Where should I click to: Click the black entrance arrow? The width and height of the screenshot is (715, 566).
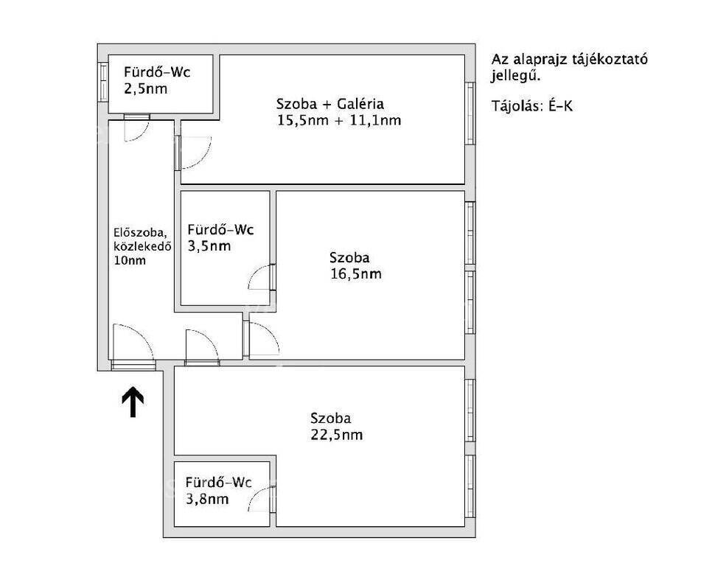coord(133,402)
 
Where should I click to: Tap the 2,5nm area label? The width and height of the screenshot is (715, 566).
coord(145,88)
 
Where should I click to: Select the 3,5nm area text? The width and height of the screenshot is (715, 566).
coord(209,246)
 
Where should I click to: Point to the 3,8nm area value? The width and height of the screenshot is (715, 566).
coord(207,499)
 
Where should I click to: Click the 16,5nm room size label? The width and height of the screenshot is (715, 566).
coord(356,274)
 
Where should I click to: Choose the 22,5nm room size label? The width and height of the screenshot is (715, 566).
coord(337,435)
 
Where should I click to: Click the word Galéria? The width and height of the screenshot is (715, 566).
coord(360,104)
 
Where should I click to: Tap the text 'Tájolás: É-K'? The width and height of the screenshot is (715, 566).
coord(531,106)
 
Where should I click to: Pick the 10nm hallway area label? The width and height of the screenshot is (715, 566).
coord(130,261)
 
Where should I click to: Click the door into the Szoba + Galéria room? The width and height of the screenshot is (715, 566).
coord(193,153)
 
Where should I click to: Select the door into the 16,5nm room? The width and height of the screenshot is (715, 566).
coord(261,339)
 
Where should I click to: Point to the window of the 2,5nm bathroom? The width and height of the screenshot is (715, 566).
coord(103,83)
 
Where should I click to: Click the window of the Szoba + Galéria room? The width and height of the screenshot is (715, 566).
coord(470,113)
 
